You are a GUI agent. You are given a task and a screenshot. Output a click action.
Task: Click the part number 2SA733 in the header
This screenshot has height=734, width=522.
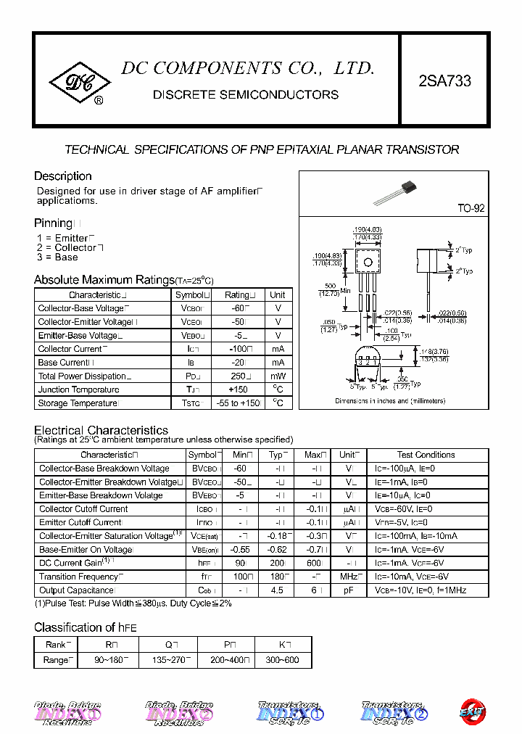444,81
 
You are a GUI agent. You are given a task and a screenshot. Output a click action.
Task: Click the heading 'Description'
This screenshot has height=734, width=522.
63,176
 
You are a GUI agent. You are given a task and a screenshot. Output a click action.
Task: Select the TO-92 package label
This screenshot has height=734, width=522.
471,208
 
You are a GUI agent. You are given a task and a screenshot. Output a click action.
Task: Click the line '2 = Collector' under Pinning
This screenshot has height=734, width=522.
69,247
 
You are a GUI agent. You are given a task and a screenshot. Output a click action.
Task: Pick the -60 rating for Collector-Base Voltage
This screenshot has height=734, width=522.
236,308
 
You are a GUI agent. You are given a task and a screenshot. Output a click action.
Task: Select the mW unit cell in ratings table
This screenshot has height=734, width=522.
278,376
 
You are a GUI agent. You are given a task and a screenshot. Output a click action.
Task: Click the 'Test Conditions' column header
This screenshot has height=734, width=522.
426,455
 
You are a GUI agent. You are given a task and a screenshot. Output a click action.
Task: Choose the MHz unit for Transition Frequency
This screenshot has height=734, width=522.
349,577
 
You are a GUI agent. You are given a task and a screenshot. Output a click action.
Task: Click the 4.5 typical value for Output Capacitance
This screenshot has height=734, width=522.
277,590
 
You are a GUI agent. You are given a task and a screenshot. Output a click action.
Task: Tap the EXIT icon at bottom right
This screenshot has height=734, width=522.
473,712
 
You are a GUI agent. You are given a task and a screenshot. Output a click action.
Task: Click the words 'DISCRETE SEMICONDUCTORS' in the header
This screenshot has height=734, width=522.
246,95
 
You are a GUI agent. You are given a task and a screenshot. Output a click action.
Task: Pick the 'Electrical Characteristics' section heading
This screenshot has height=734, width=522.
101,430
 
